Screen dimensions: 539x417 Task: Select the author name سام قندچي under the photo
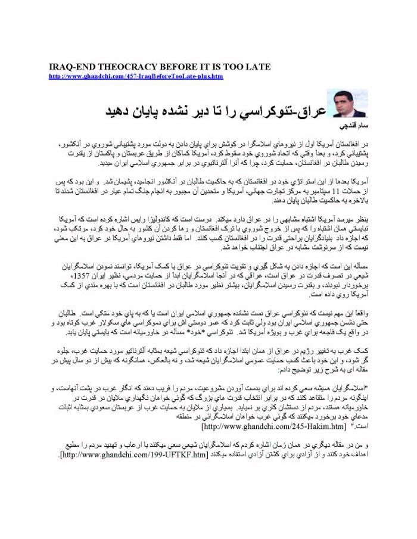351,127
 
